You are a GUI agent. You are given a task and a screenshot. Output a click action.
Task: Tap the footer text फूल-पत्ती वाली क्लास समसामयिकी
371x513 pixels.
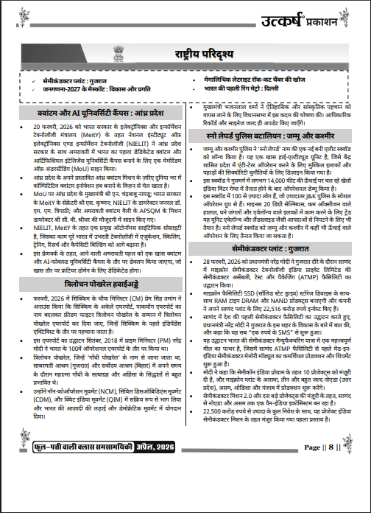pyautogui.click(x=82, y=488)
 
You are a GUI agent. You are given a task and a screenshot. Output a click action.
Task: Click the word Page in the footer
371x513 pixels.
pyautogui.click(x=310, y=488)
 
